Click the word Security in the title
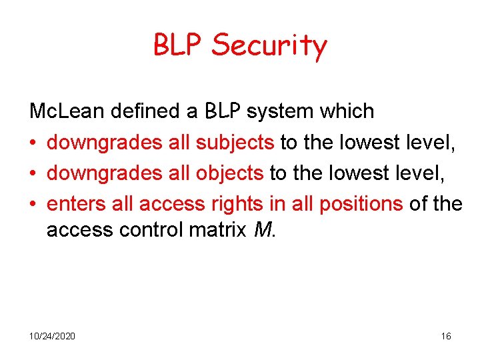click(269, 46)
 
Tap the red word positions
click(361, 203)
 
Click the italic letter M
click(263, 230)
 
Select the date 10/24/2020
click(52, 336)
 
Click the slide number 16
click(446, 336)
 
